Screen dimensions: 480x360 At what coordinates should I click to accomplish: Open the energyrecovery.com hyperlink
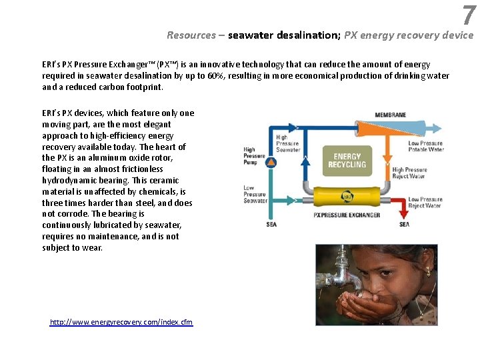coord(121,322)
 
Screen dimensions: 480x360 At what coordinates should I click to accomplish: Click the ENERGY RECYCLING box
coord(347,161)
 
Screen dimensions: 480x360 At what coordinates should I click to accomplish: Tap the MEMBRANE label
coord(390,115)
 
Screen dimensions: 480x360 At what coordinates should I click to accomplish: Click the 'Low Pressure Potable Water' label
coord(425,146)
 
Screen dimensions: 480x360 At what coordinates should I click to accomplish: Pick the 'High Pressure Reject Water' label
coord(409,173)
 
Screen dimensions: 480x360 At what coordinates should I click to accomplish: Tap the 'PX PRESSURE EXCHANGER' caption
coord(347,215)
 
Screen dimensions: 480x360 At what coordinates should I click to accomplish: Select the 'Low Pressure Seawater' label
coord(255,194)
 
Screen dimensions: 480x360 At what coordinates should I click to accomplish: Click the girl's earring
coord(427,271)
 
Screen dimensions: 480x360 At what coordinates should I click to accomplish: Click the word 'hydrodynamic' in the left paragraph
coord(70,180)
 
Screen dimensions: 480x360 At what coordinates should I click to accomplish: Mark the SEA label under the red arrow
coord(404,225)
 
